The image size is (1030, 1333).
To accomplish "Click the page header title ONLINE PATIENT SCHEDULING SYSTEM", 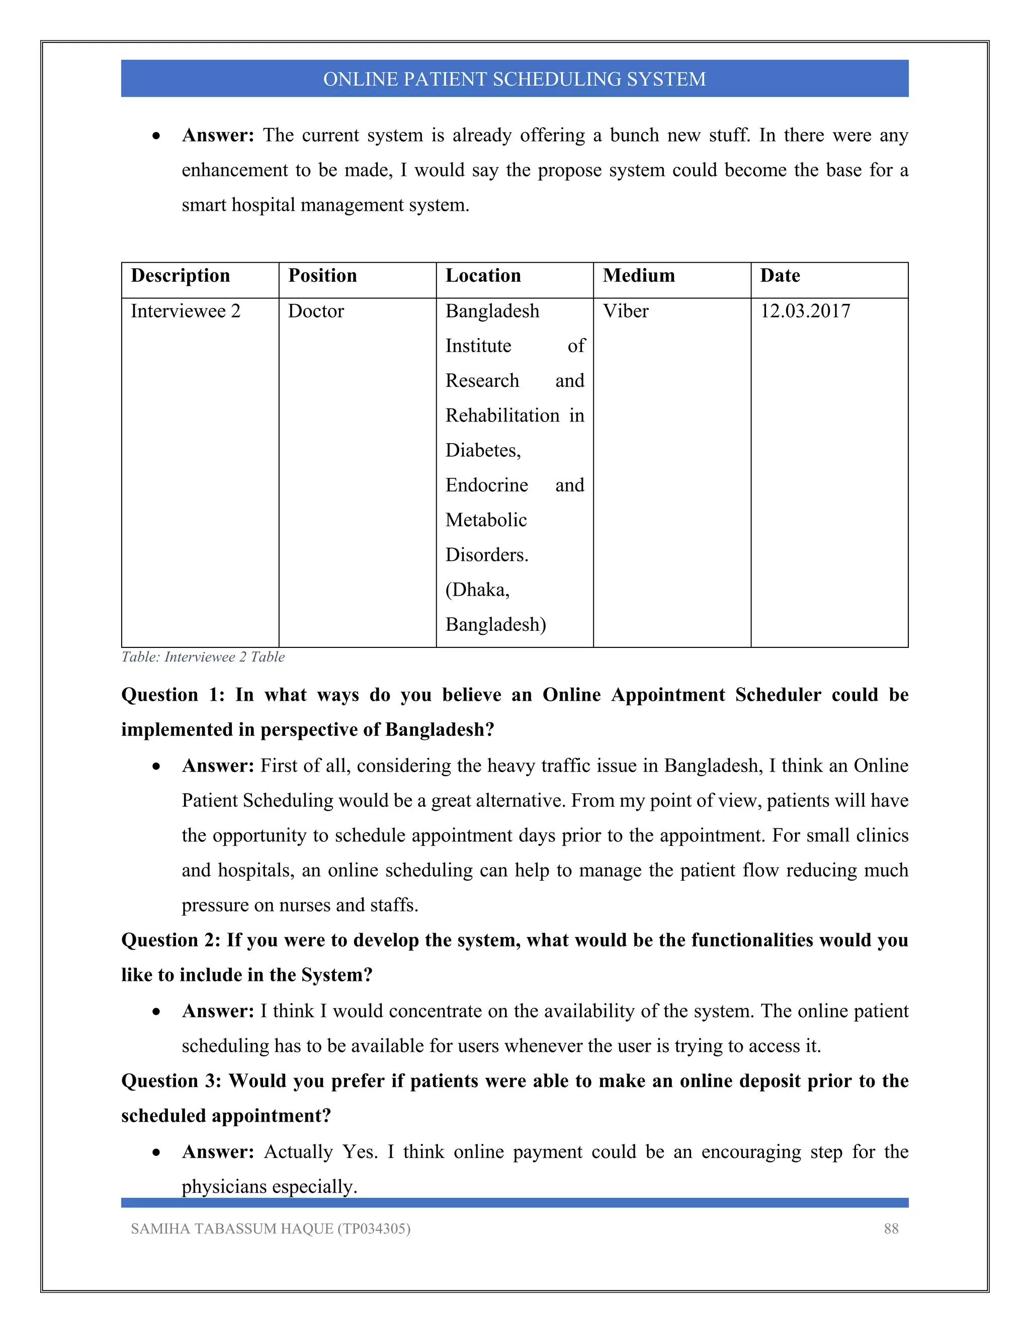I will tap(514, 79).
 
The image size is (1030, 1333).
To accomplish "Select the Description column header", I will tap(180, 276).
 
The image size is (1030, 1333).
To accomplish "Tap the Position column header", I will tap(322, 276).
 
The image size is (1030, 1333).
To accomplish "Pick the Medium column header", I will tap(639, 276).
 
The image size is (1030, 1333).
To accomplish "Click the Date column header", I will tap(780, 276).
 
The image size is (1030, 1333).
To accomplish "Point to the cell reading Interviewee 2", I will tap(186, 311).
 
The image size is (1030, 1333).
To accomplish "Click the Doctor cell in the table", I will tap(316, 311).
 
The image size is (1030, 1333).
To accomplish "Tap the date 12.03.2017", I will tap(805, 311).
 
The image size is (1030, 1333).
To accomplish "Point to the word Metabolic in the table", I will tap(486, 520).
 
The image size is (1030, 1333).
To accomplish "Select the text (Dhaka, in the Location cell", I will tap(477, 590).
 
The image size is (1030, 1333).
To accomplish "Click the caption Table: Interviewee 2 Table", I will tap(203, 657).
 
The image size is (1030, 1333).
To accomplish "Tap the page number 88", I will tap(891, 1229).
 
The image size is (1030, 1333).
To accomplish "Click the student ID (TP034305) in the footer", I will tap(374, 1229).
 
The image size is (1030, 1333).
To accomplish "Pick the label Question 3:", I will tap(171, 1081).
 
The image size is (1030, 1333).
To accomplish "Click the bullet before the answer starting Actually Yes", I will tap(157, 1152).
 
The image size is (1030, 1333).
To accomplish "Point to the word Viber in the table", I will tap(626, 311).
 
